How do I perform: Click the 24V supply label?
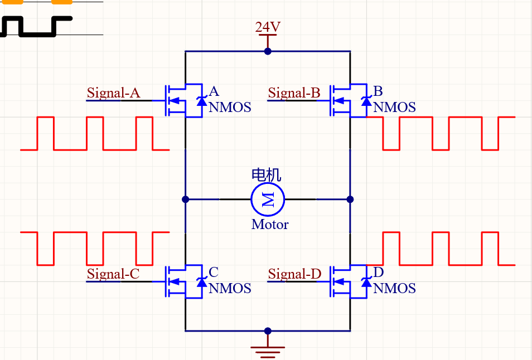[268, 27]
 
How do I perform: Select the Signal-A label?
[114, 93]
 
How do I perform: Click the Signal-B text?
[294, 93]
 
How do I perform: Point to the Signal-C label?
[113, 274]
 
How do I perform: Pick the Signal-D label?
[294, 274]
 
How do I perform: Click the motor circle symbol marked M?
[268, 199]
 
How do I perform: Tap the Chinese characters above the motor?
[267, 174]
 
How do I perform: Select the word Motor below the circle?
[270, 225]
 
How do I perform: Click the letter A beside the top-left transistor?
[214, 91]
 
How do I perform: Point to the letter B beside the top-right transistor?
[378, 91]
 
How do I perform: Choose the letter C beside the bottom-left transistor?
[214, 272]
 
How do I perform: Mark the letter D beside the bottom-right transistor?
[379, 272]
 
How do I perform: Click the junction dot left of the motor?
[185, 199]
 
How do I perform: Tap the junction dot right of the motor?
[350, 199]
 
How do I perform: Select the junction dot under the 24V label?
[268, 51]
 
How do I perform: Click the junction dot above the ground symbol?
[268, 330]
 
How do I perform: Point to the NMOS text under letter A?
[230, 107]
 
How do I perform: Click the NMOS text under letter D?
[394, 288]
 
